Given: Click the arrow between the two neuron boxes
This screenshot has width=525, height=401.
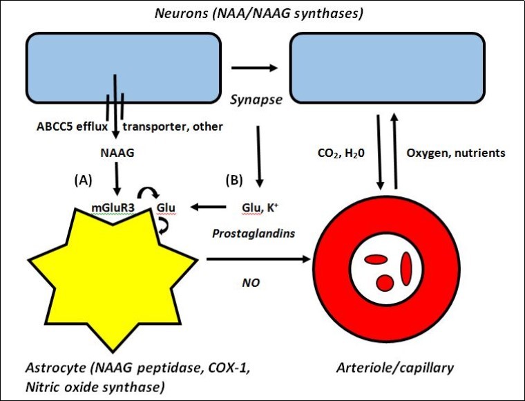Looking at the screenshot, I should [x=255, y=68].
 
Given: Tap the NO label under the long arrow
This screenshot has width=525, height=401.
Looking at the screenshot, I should [x=249, y=282].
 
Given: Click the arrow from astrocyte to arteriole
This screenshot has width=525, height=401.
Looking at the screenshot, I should [x=256, y=260].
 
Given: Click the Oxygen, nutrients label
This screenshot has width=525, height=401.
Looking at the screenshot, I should [x=457, y=153].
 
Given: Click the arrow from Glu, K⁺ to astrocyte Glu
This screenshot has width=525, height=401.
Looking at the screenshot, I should [x=211, y=206].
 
